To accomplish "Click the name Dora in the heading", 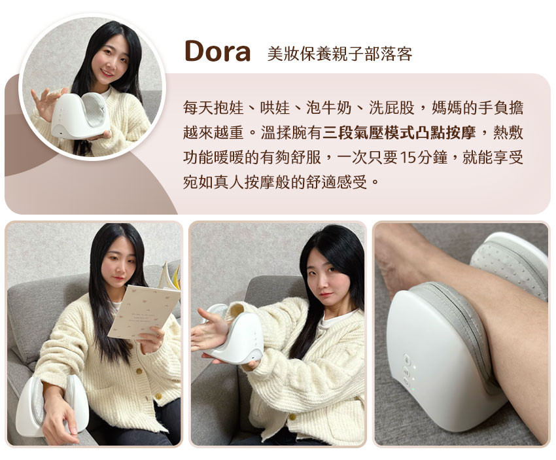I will (217, 52).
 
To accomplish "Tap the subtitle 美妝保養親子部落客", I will (340, 54).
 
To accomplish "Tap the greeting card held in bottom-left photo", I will (143, 311).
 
